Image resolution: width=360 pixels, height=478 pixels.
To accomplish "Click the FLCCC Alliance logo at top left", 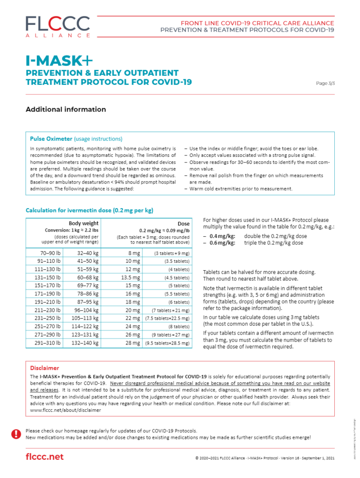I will [x=58, y=26].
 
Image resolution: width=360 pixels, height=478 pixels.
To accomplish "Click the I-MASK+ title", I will [x=59, y=61].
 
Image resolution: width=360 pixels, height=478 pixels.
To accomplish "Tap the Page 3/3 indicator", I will [x=325, y=83].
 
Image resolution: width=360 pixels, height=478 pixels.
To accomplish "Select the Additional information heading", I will [x=66, y=110].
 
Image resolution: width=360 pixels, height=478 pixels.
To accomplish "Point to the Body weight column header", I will [x=84, y=224].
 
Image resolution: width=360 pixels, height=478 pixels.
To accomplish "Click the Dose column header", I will [x=184, y=224].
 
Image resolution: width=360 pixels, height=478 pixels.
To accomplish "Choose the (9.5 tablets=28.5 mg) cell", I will [x=172, y=343].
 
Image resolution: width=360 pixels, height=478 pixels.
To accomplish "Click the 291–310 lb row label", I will [x=48, y=343].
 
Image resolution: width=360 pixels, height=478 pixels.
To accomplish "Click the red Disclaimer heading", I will [x=45, y=368].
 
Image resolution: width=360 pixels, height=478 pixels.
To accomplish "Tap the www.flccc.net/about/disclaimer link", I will [x=65, y=410].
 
